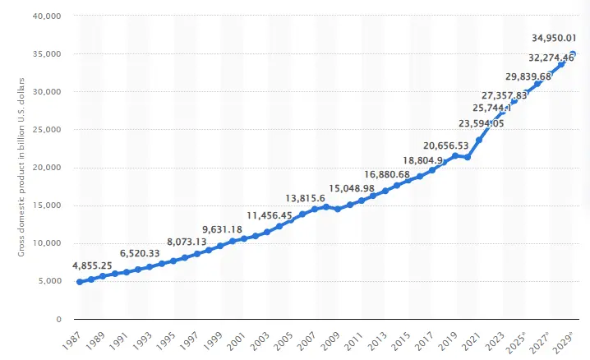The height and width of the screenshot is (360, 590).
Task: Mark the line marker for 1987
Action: click(x=80, y=282)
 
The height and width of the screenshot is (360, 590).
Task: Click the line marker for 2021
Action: click(x=479, y=140)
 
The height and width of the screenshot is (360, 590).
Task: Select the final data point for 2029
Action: click(x=573, y=54)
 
